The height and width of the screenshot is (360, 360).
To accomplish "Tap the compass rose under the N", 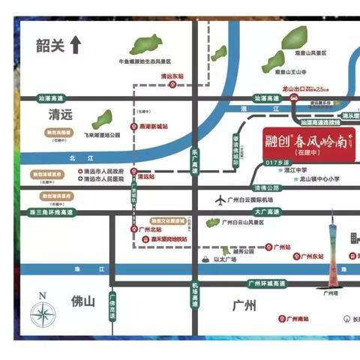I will point(44,313).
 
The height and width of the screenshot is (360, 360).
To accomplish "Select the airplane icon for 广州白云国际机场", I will point(220,200).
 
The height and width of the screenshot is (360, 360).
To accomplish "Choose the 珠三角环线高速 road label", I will point(46,214).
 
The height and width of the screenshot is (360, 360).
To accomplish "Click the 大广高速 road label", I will point(266,214).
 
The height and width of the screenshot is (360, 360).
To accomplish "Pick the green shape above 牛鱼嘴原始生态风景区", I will point(150,44).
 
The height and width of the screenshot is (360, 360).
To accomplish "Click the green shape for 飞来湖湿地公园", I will point(102,119).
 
